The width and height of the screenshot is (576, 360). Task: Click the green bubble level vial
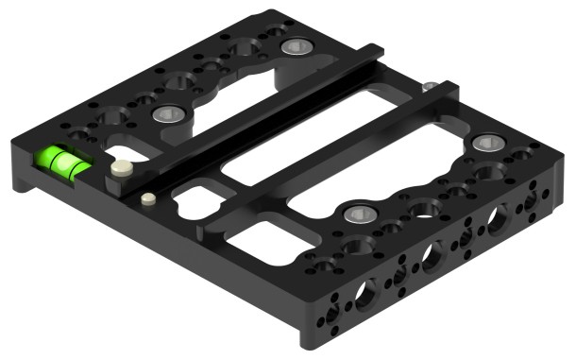(64, 162)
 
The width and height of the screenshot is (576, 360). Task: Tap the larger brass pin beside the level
(120, 170)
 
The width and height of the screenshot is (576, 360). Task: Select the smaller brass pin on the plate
(147, 199)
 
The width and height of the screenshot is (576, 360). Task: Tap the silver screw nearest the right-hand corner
(488, 145)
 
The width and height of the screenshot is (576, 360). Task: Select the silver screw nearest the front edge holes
(356, 214)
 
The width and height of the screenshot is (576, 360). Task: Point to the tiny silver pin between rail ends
(429, 87)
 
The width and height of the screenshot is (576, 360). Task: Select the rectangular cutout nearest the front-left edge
(255, 241)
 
